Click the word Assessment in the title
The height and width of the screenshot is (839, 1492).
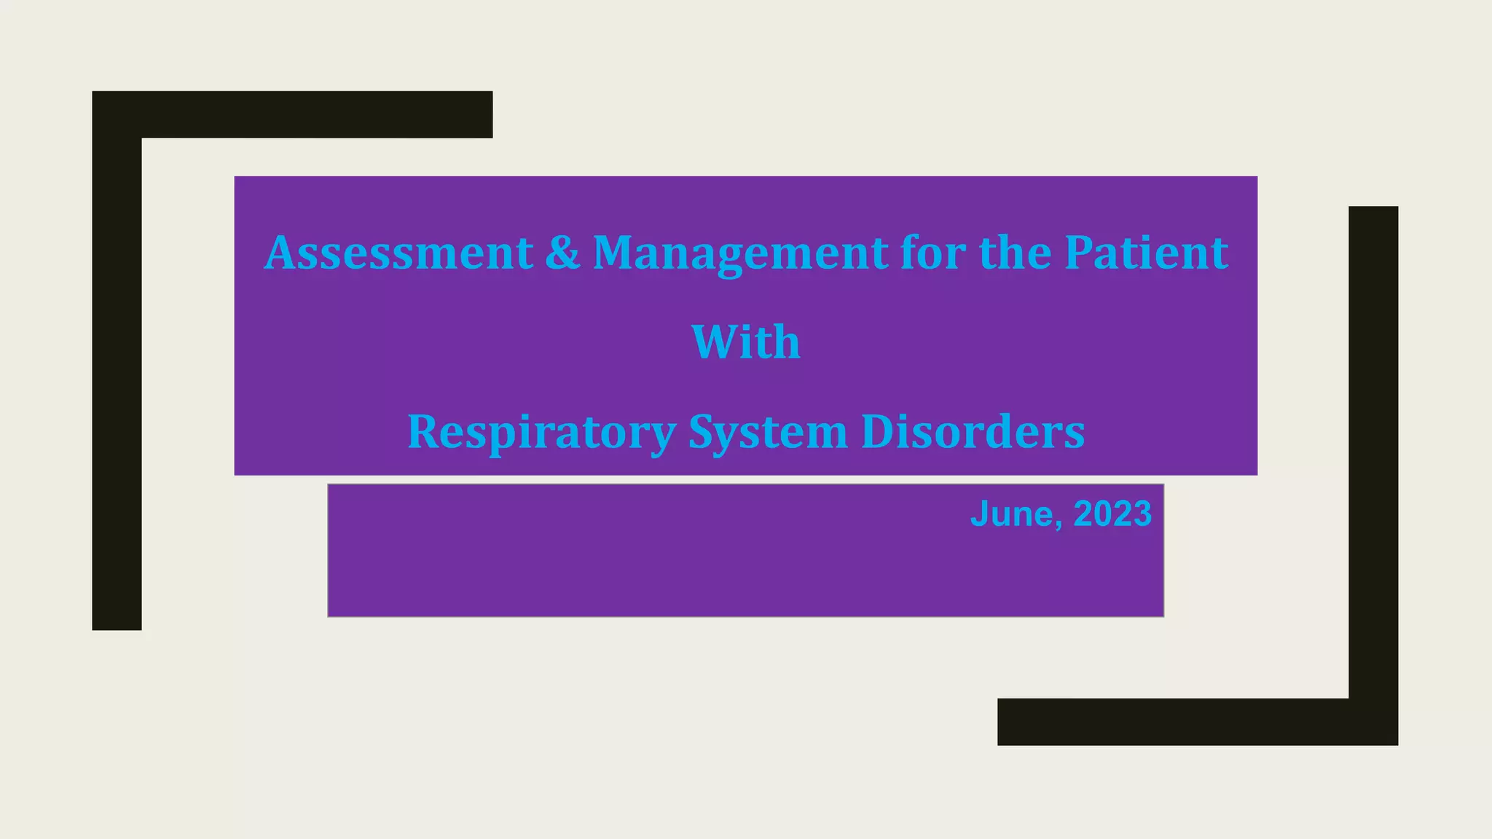pyautogui.click(x=398, y=253)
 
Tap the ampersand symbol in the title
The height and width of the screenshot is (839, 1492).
pyautogui.click(x=562, y=253)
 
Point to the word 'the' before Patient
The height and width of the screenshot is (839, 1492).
pyautogui.click(x=1016, y=253)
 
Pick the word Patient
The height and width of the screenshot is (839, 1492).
pyautogui.click(x=1146, y=253)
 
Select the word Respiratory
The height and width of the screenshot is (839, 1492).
pyautogui.click(x=541, y=432)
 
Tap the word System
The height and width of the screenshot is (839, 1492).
pyautogui.click(x=768, y=432)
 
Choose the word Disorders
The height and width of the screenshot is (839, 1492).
pyautogui.click(x=973, y=432)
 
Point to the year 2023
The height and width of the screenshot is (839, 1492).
pyautogui.click(x=1112, y=514)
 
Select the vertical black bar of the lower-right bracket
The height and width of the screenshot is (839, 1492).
pyautogui.click(x=1373, y=452)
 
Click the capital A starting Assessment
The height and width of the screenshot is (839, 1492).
pyautogui.click(x=280, y=253)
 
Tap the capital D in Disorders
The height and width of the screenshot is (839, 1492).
pyautogui.click(x=877, y=432)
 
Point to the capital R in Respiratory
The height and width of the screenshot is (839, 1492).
pyautogui.click(x=423, y=432)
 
